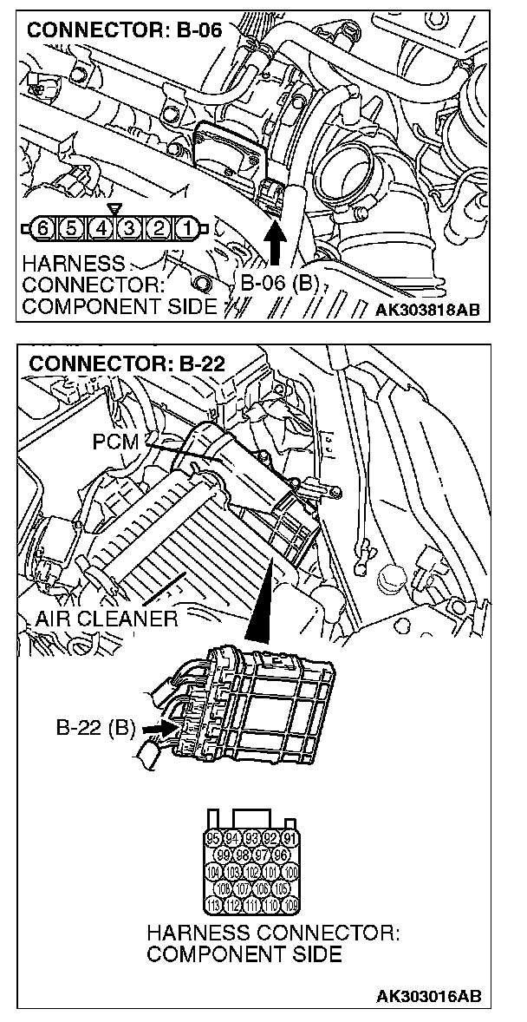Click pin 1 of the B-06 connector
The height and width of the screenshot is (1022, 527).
click(x=185, y=229)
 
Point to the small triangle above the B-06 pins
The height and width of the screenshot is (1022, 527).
click(x=114, y=210)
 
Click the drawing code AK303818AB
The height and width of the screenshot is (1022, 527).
click(x=428, y=308)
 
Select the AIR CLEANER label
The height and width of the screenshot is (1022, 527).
click(x=107, y=619)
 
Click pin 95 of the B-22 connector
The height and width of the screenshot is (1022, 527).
click(x=213, y=838)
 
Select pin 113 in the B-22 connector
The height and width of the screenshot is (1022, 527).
click(x=213, y=904)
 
